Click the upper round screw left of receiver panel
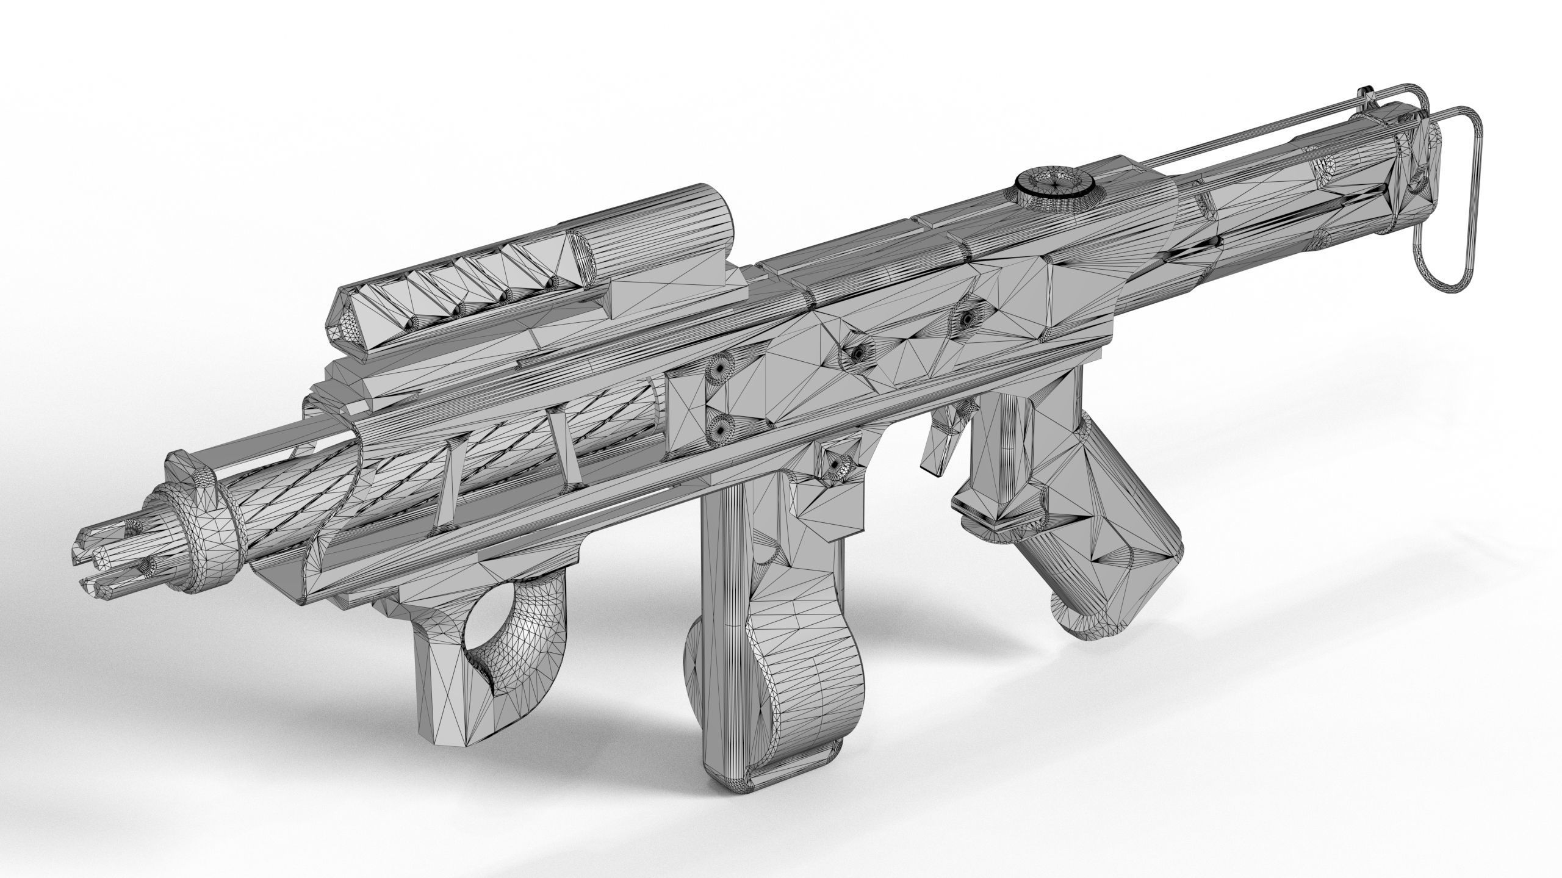point(723,385)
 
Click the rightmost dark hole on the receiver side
point(967,318)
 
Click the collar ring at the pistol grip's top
point(1001,525)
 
